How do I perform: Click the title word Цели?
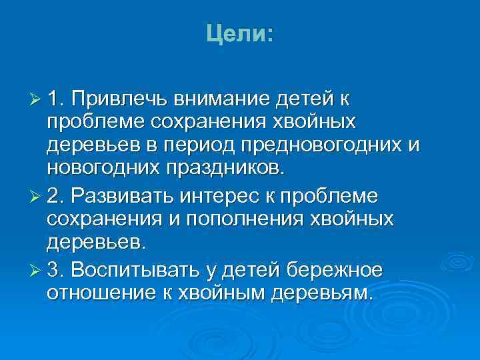click(x=237, y=33)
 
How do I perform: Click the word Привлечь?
click(x=123, y=100)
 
